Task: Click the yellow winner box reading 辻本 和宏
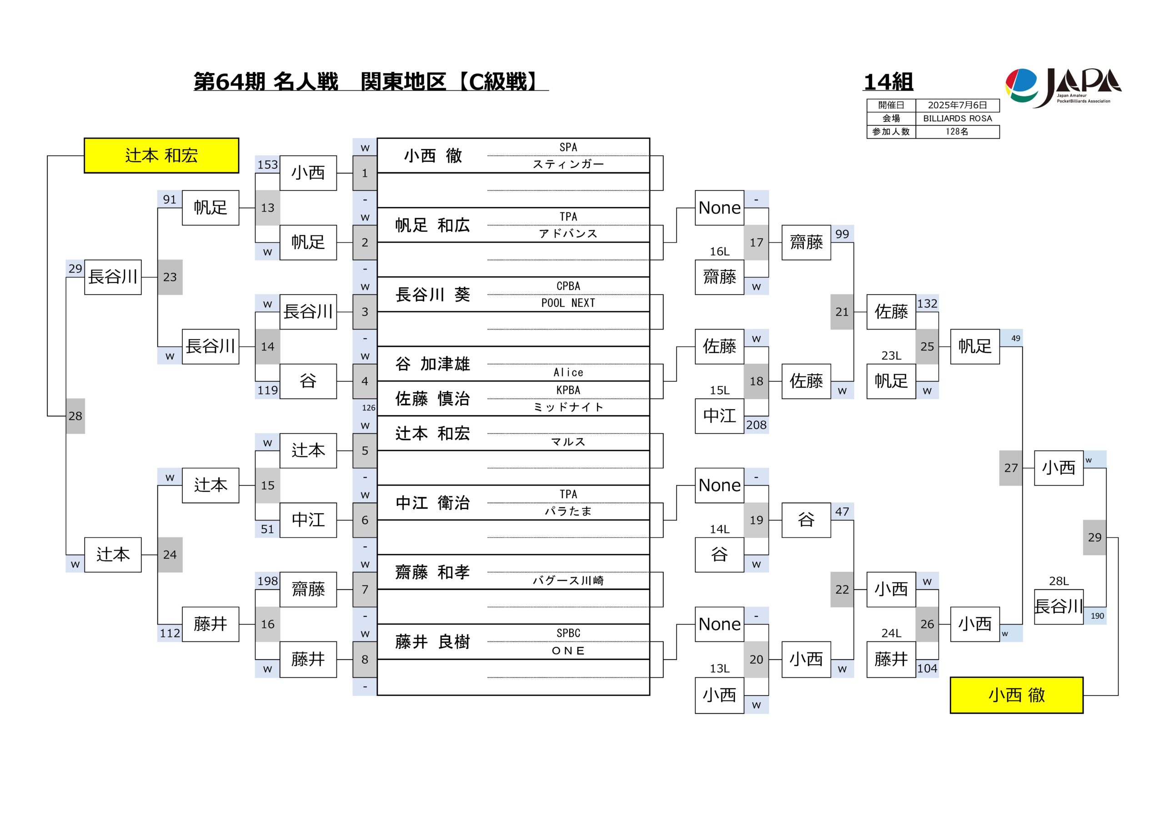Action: [161, 155]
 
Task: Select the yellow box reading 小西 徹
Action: [1017, 695]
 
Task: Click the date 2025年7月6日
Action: [957, 105]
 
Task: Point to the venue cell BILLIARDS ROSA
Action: [957, 119]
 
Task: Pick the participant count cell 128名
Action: [957, 132]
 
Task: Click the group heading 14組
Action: [888, 82]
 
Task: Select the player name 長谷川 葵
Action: [432, 295]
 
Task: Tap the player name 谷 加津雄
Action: [432, 364]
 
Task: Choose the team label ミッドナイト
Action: [568, 407]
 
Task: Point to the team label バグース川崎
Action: [568, 581]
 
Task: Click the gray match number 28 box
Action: [75, 416]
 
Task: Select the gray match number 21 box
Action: [842, 312]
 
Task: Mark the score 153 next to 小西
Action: [267, 165]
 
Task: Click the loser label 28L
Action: [1059, 581]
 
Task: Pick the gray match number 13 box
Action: [267, 208]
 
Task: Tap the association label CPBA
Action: [568, 286]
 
